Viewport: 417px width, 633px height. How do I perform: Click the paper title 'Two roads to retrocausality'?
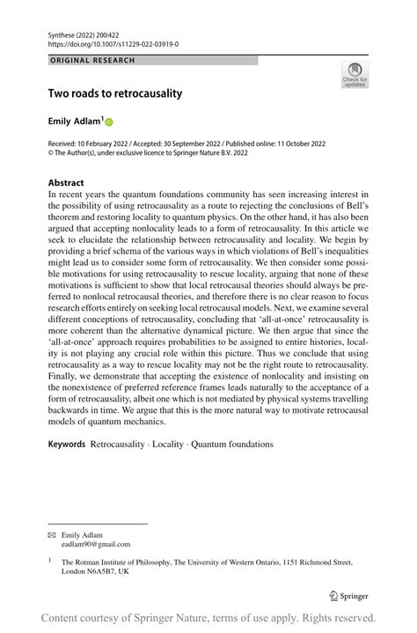click(115, 92)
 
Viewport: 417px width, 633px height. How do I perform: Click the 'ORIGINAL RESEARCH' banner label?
click(92, 61)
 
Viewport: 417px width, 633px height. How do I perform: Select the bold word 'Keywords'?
click(67, 444)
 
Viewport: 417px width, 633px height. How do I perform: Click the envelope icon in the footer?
click(51, 534)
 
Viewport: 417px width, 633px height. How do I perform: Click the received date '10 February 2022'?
click(111, 143)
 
